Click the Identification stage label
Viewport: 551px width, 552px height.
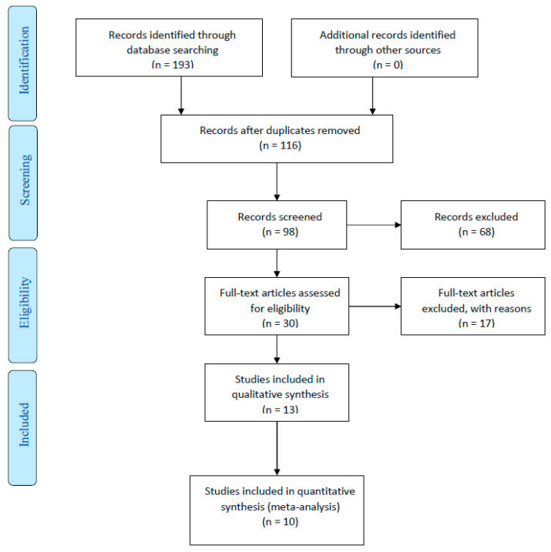(24, 61)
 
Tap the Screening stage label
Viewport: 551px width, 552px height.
(25, 180)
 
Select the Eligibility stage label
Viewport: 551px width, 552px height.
(25, 303)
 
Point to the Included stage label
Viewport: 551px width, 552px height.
(24, 425)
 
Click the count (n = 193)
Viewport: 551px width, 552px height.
(173, 65)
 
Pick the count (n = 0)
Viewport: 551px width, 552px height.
(388, 65)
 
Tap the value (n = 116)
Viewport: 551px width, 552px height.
(280, 145)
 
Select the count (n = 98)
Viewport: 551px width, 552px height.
(280, 232)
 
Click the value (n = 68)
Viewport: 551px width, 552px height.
(476, 232)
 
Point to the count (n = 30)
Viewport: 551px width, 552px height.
(280, 323)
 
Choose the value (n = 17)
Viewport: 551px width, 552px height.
(476, 323)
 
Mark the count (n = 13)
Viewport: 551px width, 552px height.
(280, 410)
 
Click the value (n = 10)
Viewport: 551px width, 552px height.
(280, 521)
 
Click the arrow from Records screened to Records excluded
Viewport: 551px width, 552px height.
(374, 225)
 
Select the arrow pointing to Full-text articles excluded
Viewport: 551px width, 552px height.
(375, 306)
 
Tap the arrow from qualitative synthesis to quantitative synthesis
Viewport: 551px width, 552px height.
(277, 449)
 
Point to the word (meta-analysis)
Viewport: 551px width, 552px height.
(304, 507)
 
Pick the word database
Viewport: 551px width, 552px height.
(148, 50)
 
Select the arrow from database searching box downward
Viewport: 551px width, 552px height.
(181, 95)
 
